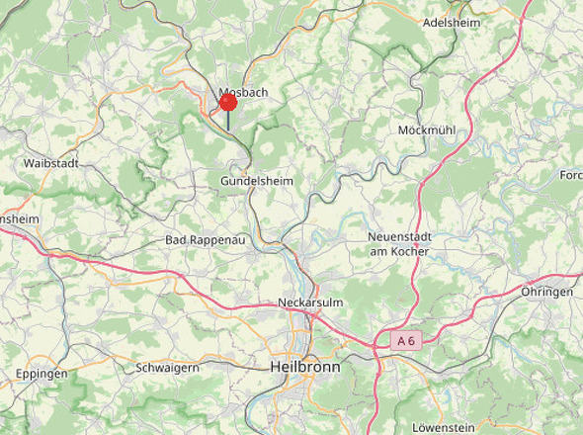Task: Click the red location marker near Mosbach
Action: [228, 101]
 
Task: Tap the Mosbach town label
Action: [243, 92]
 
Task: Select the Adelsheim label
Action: [451, 22]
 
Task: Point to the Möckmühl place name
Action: [426, 130]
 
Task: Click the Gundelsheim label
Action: [256, 181]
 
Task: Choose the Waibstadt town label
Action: [50, 162]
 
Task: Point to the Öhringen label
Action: [546, 293]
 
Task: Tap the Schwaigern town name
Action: [168, 368]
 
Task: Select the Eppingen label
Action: [42, 374]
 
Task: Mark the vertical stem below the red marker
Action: [228, 120]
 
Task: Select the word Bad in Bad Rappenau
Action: [176, 240]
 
